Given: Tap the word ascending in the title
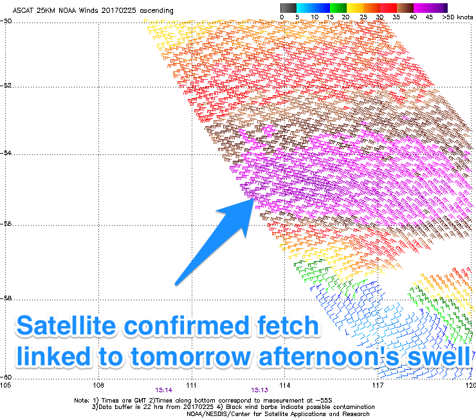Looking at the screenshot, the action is (x=157, y=11).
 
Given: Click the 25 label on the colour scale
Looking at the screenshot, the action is (x=363, y=17).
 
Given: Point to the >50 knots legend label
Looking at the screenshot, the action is (x=457, y=17).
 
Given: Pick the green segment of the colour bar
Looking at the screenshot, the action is (x=338, y=8).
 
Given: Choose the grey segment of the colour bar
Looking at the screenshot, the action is (x=288, y=8).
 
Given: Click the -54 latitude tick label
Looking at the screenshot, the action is (x=6, y=152).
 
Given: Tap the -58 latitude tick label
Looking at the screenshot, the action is (x=6, y=298).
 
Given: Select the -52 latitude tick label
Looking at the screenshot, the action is (x=6, y=86).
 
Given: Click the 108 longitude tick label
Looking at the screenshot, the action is (x=98, y=385).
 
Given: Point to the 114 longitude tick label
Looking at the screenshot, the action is (x=285, y=385).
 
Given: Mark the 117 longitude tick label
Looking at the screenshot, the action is (x=378, y=385).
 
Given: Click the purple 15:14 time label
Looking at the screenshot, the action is (x=164, y=390).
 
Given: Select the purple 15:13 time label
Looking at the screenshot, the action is (x=260, y=390).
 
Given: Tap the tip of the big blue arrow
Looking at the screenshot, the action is (x=254, y=199).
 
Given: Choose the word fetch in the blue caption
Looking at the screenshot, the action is (x=288, y=325).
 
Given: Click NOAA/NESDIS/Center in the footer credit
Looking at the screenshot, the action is (x=217, y=414).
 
